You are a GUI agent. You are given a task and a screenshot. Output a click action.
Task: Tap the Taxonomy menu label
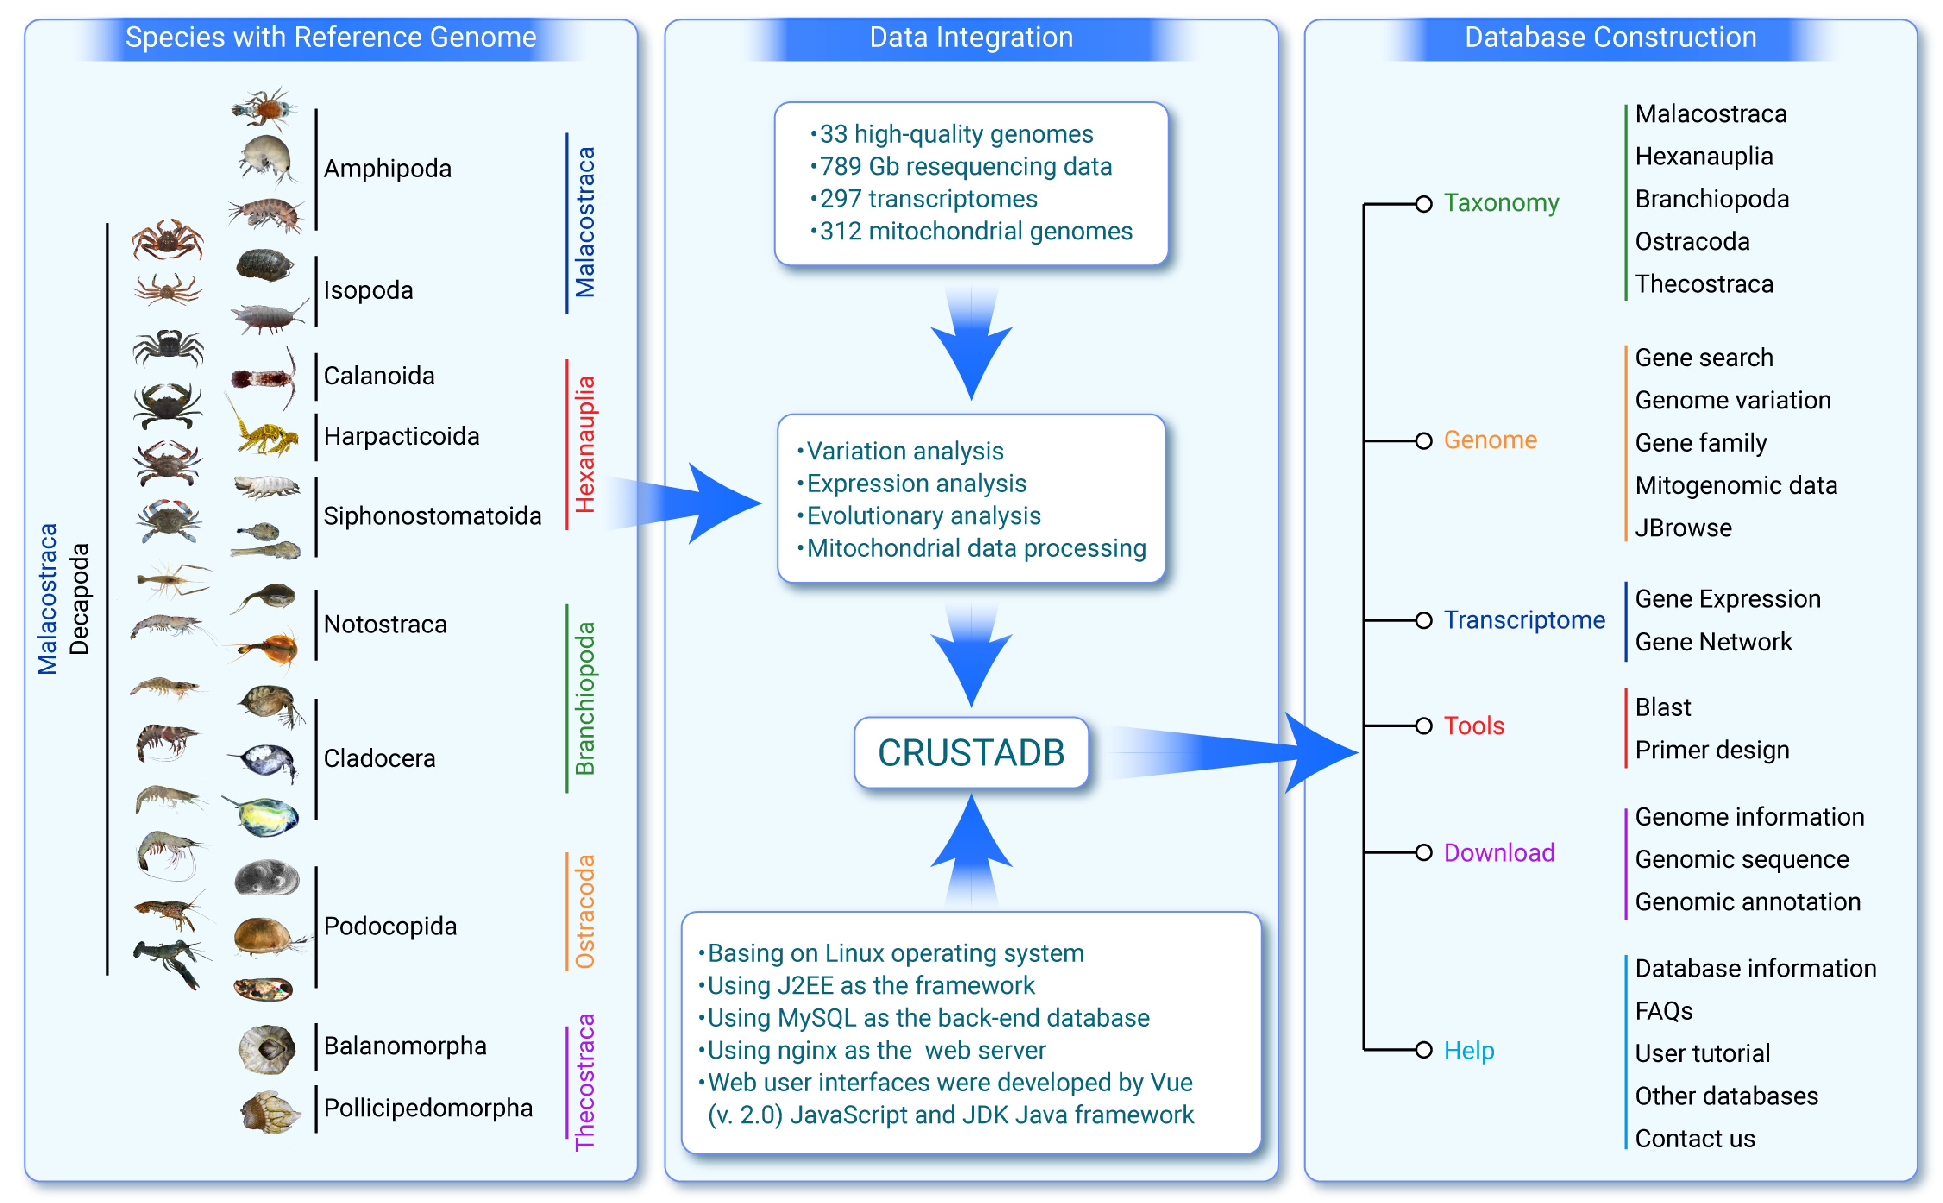(1501, 203)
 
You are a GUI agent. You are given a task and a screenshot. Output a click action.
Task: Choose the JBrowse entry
(1683, 528)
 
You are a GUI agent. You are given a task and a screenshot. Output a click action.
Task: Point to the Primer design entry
(1711, 750)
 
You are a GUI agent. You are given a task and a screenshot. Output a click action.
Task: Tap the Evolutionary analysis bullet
(923, 515)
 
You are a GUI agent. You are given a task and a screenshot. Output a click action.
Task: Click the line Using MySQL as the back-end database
(927, 1018)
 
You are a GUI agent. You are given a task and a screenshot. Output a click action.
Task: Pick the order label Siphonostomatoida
(432, 515)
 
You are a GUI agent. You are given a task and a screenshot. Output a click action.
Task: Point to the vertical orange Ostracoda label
(584, 912)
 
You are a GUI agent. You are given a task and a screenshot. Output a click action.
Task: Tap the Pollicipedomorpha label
(428, 1108)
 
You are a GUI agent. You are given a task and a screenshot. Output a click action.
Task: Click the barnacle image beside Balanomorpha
(267, 1049)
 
